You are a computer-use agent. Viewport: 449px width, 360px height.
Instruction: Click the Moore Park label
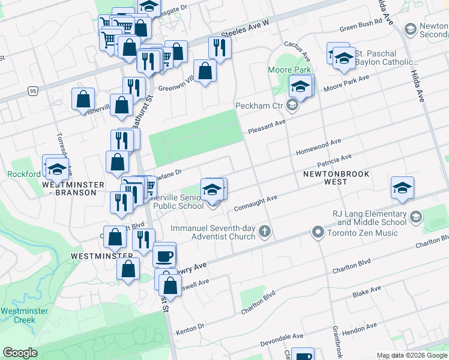pyautogui.click(x=289, y=70)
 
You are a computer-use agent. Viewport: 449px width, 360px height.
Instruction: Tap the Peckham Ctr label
pyautogui.click(x=259, y=106)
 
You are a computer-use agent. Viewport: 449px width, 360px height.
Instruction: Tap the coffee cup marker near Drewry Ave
pyautogui.click(x=164, y=257)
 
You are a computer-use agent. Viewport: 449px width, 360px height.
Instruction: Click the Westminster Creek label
pyautogui.click(x=17, y=315)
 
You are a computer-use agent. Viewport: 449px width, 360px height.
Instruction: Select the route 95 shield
pyautogui.click(x=33, y=91)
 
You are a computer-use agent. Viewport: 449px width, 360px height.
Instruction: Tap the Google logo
pyautogui.click(x=20, y=353)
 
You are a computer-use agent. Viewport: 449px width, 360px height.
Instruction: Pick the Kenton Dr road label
pyautogui.click(x=190, y=329)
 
